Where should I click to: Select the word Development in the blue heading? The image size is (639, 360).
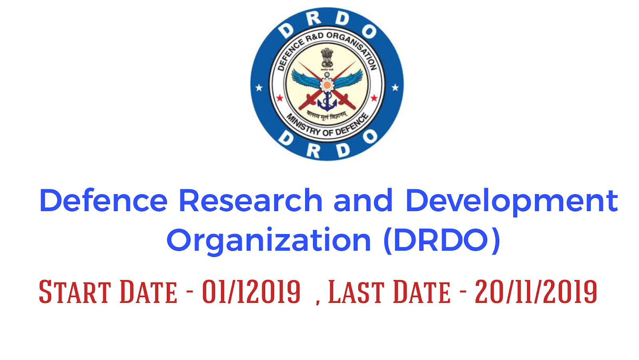point(512,201)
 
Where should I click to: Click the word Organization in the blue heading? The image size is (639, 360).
point(268,241)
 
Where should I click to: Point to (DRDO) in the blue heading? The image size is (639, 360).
point(441,240)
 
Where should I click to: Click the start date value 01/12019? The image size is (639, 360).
point(251,292)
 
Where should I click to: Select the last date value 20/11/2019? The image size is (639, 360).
point(536,292)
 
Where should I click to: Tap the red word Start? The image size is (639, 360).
point(75,292)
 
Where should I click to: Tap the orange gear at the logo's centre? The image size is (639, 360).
point(327,85)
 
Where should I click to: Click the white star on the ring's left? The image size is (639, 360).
point(259,87)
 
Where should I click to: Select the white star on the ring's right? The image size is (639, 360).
point(395,87)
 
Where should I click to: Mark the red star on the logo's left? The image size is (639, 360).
point(280,98)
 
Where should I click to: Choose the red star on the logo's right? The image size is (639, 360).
point(374,98)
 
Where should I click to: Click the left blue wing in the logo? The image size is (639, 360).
point(305,78)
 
